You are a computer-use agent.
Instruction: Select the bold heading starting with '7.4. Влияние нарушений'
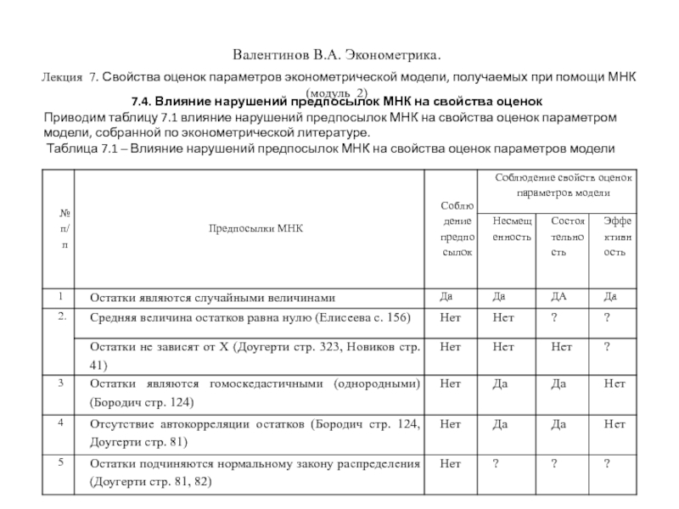[331, 101]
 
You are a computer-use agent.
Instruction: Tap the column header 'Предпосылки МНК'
[252, 227]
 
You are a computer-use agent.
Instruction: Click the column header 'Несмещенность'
[512, 227]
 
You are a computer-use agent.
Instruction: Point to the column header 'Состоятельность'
[568, 236]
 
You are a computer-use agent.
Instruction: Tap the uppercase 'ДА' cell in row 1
[560, 297]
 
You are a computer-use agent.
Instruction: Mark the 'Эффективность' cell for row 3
[614, 383]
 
